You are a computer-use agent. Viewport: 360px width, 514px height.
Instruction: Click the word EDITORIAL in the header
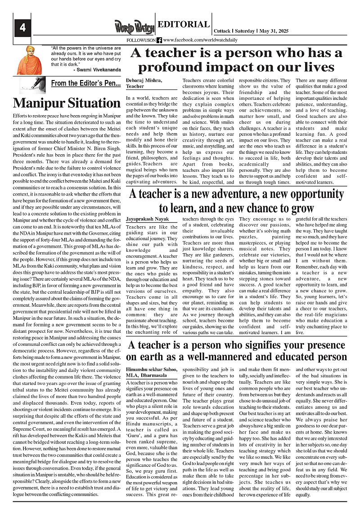tap(184, 25)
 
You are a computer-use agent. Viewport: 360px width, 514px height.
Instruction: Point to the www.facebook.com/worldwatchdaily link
tap(195, 40)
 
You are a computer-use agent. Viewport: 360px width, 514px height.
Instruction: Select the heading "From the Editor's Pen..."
tap(85, 83)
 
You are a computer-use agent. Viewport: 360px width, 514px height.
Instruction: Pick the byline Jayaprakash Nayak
tap(148, 219)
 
